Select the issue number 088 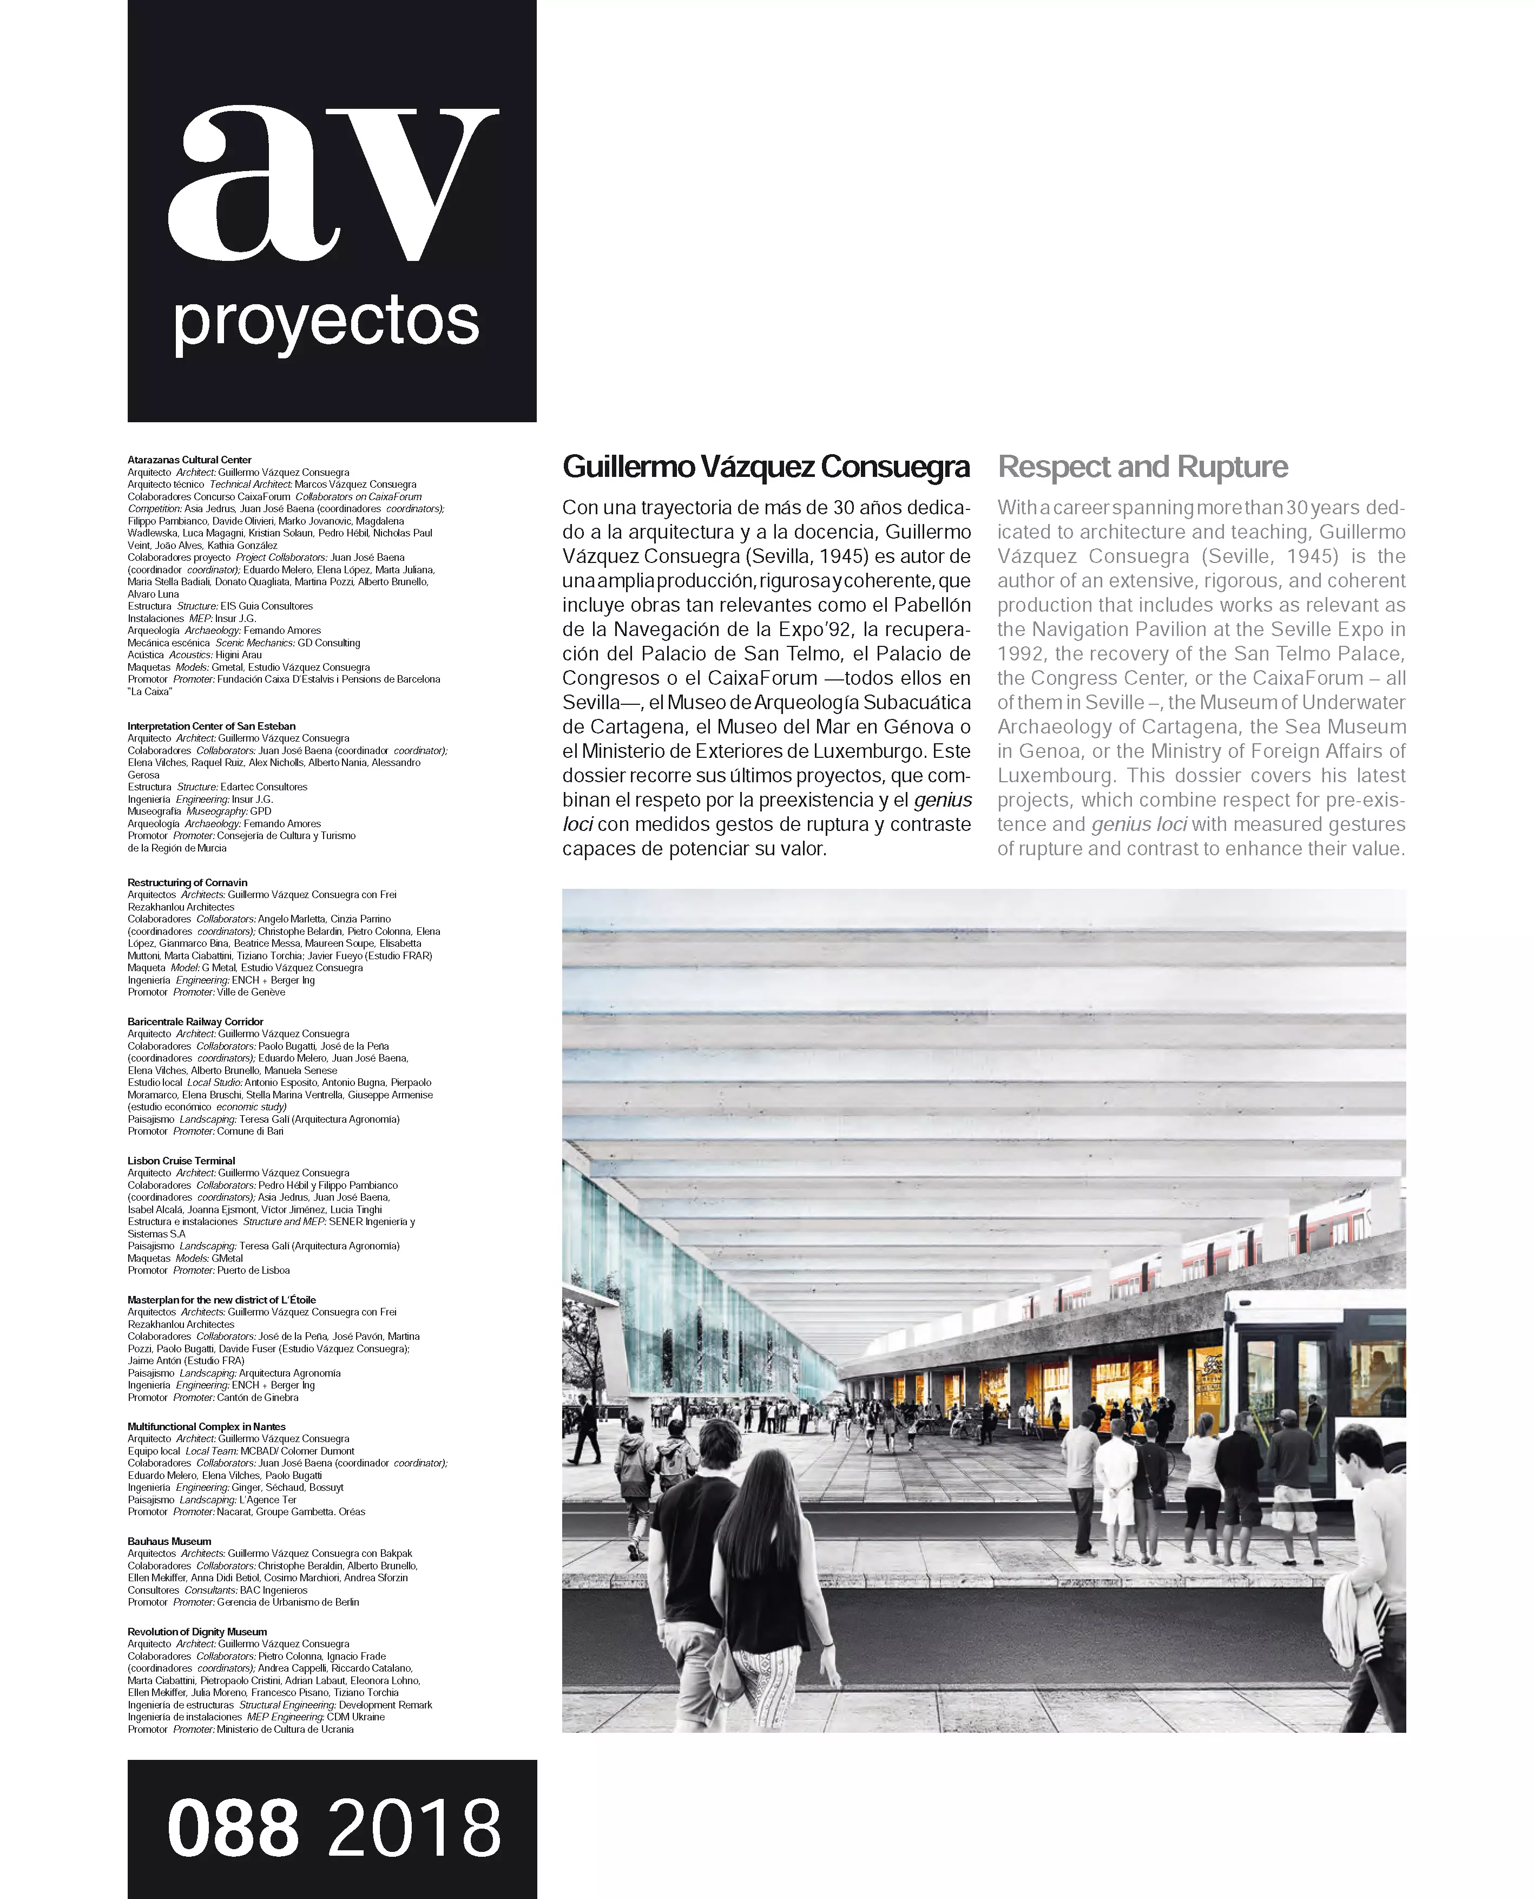tap(233, 1828)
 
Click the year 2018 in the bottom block tap(413, 1828)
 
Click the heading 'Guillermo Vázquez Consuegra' tap(766, 467)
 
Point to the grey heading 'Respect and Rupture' tap(1143, 467)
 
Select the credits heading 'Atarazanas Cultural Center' tap(189, 460)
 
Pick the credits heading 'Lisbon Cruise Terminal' tap(181, 1161)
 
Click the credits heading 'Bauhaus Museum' tap(169, 1541)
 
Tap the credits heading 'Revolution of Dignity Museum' tap(197, 1632)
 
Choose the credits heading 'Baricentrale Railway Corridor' tap(195, 1021)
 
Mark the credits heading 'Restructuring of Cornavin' tap(187, 882)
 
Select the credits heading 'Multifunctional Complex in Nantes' tap(207, 1426)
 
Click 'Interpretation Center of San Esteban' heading tap(211, 726)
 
